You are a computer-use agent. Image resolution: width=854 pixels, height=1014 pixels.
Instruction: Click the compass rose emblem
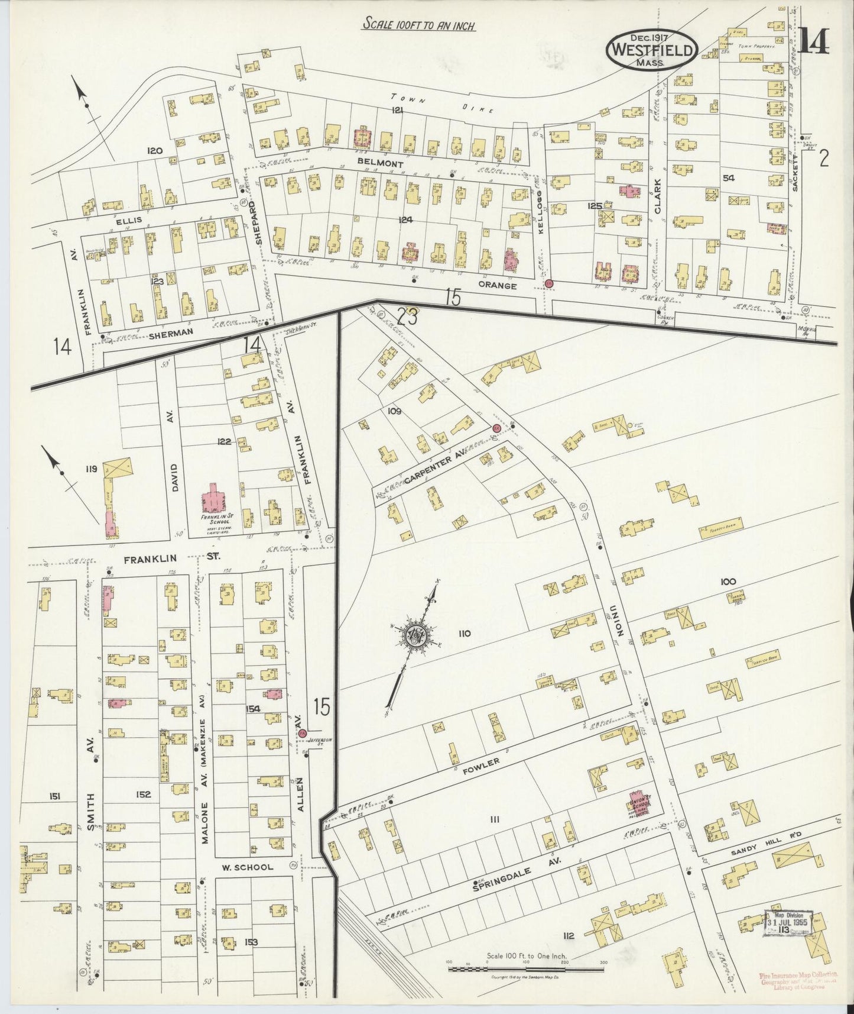(x=414, y=636)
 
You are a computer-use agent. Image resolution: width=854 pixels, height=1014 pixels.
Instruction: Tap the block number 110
(x=463, y=634)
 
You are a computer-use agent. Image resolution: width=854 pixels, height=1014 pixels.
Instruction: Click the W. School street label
(x=248, y=867)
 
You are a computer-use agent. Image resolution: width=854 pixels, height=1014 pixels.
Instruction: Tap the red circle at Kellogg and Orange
(x=549, y=284)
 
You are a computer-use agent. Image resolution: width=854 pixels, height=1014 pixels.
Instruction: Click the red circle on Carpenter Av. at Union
(x=497, y=427)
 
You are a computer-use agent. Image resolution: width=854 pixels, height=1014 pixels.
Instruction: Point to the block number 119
(x=90, y=469)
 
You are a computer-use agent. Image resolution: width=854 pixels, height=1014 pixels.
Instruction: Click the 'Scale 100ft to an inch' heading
(x=419, y=26)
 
